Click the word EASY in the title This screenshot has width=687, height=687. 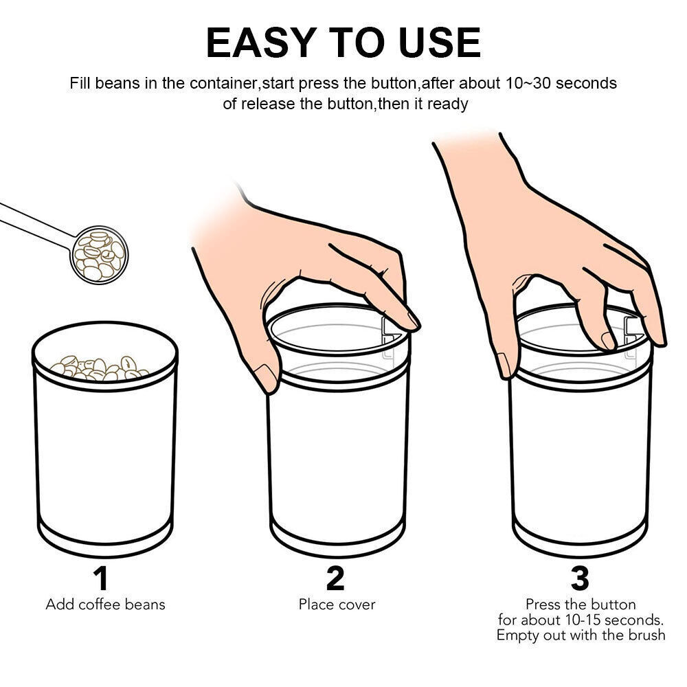pos(261,43)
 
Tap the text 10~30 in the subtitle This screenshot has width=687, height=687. pos(527,83)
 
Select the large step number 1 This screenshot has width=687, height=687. pos(101,578)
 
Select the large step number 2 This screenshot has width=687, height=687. pos(336,578)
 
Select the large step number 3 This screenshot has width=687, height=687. pos(580,578)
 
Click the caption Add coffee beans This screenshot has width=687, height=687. pos(106,605)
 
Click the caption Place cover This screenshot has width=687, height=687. pos(337,605)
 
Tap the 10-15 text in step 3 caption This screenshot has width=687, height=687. pos(580,620)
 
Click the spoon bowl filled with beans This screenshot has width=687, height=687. pos(99,255)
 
